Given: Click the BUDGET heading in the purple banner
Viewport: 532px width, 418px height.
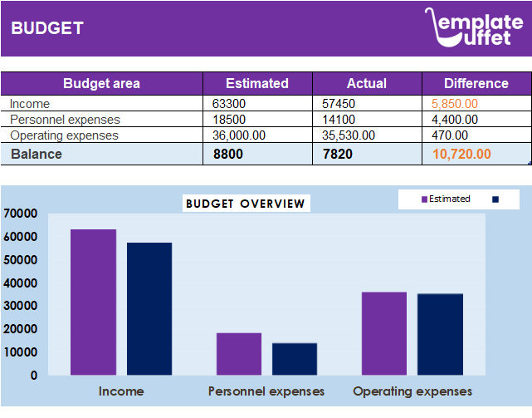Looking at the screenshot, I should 47,28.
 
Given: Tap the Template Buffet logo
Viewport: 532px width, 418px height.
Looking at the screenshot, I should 475,27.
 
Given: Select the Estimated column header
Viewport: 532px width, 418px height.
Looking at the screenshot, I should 257,83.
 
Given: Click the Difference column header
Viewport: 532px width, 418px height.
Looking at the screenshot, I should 476,83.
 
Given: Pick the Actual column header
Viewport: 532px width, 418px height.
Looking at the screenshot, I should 367,83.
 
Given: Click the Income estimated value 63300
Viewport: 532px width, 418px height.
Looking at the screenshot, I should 230,104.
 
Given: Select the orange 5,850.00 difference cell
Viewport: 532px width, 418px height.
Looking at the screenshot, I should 455,104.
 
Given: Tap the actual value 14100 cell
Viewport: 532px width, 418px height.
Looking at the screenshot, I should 339,120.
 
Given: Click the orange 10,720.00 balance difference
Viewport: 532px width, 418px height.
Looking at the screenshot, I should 461,154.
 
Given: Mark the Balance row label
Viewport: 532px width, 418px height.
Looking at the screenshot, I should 36,154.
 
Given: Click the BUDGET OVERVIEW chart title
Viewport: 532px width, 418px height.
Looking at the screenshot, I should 246,204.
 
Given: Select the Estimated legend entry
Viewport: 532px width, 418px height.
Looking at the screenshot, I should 446,199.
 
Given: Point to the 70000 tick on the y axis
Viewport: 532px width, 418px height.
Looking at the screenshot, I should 21,214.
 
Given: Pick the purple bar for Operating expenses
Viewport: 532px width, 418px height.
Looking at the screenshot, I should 384,333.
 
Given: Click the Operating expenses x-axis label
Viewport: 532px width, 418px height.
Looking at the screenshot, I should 412,391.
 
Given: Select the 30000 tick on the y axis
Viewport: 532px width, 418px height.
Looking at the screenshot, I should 21,306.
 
